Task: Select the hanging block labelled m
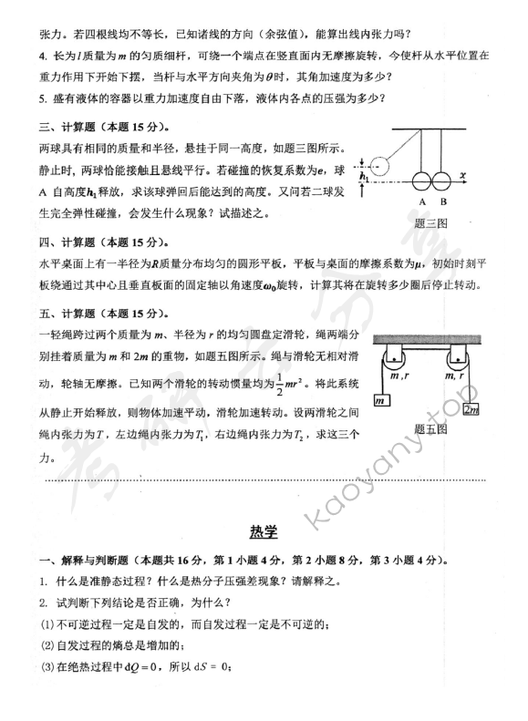(x=381, y=401)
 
